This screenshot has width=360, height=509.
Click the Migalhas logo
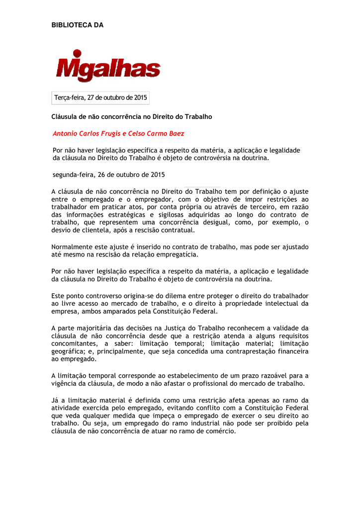(108, 66)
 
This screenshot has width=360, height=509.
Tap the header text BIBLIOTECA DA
(78, 25)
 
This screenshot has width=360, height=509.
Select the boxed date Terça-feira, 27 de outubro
(100, 98)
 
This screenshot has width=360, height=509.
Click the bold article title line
(132, 117)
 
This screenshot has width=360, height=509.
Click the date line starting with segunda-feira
(108, 174)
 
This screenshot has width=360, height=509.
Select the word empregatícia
(178, 255)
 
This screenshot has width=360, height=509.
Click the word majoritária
(98, 328)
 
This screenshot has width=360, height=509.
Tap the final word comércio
(220, 431)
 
